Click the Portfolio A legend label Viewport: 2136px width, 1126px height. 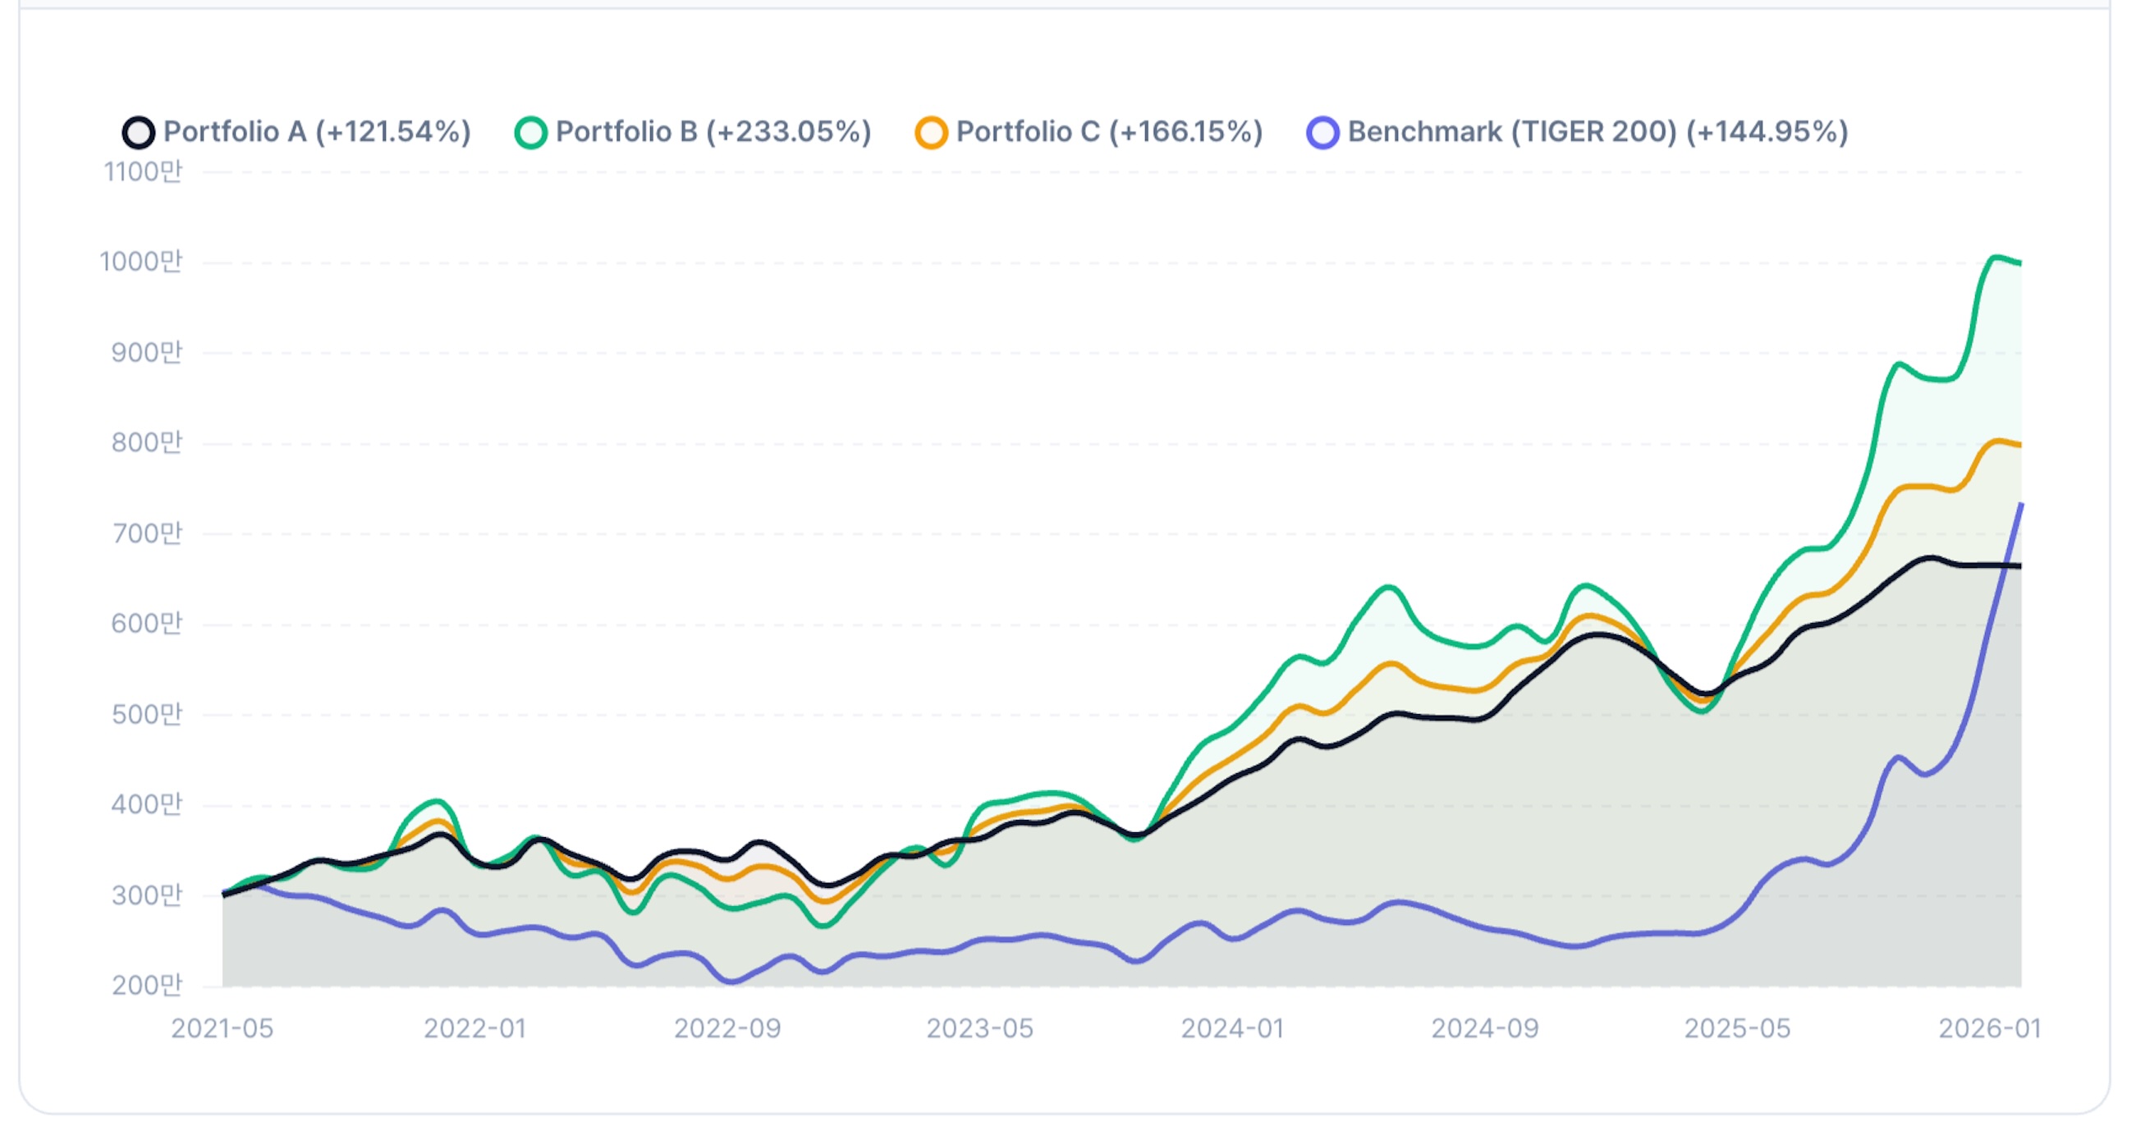click(317, 132)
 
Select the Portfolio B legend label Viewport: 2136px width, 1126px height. click(713, 132)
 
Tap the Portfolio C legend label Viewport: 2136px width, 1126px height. click(1110, 132)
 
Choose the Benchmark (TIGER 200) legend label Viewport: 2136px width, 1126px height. click(1597, 132)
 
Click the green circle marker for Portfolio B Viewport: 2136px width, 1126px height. click(530, 133)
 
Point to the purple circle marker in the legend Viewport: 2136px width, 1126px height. click(1322, 133)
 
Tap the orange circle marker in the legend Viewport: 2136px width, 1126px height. click(931, 133)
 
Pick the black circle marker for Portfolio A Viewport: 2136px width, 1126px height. click(139, 133)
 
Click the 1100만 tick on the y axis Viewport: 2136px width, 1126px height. click(143, 172)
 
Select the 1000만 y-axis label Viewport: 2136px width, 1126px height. click(141, 262)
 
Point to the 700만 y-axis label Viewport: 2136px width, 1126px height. click(147, 533)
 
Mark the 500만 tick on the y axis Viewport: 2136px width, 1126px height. click(147, 714)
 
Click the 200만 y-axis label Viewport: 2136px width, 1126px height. click(147, 985)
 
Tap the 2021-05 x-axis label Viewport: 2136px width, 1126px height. click(222, 1028)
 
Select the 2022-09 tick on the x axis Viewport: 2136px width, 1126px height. click(727, 1028)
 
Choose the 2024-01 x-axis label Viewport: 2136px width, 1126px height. click(1232, 1028)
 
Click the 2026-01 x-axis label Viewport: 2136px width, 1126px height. click(1989, 1028)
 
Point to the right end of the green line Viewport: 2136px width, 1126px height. click(2020, 263)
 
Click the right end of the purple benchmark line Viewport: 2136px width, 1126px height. click(2021, 504)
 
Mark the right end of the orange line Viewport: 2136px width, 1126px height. click(2020, 446)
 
